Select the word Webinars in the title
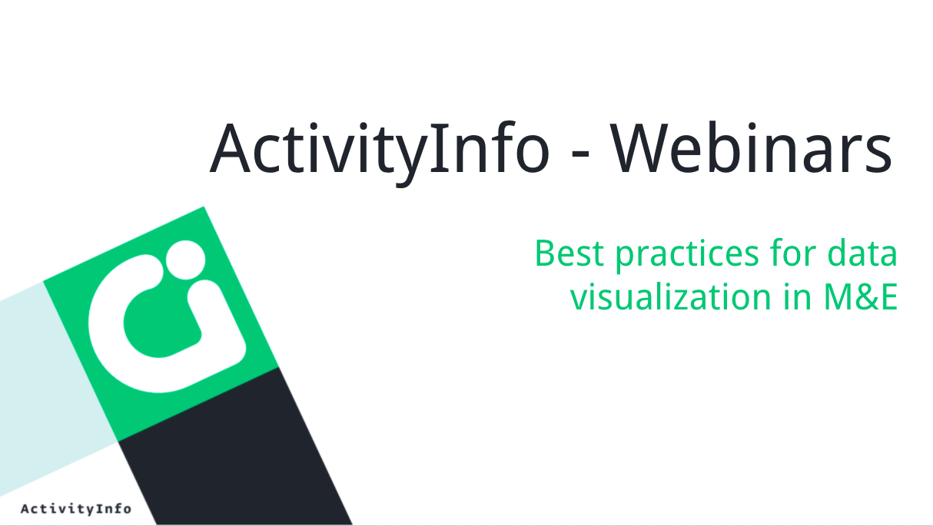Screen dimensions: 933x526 752,147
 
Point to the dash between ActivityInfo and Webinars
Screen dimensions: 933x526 580,153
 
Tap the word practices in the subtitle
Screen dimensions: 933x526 687,255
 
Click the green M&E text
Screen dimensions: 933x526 861,297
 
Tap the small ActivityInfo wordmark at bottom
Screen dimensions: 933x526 76,508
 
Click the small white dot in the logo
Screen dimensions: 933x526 185,260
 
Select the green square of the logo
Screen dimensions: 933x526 161,324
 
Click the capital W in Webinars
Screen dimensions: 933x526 642,147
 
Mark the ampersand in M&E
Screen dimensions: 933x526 865,297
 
